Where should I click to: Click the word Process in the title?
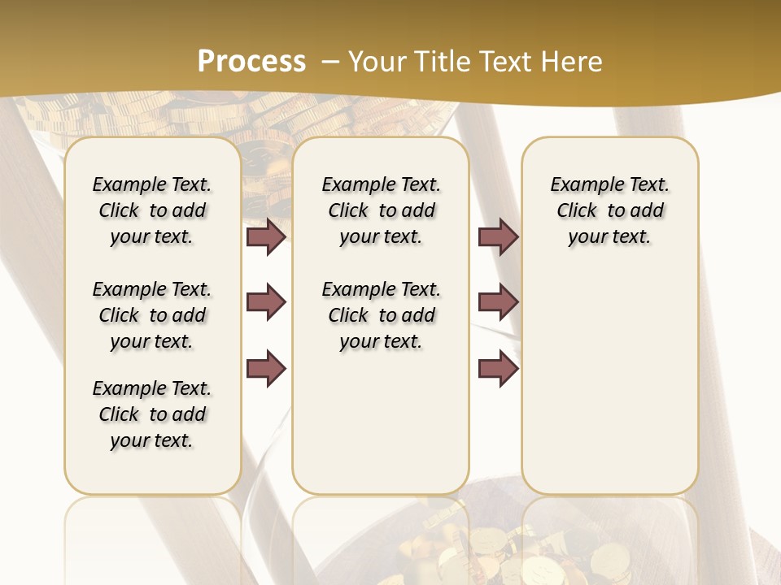click(x=251, y=61)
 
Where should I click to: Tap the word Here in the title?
click(x=573, y=62)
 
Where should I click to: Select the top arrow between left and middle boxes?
click(x=266, y=236)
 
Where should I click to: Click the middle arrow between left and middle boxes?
click(x=266, y=303)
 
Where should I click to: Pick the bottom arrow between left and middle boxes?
click(x=266, y=368)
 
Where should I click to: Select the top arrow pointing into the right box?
click(x=499, y=236)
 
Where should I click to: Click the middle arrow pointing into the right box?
click(x=499, y=303)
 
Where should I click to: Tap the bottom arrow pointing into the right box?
click(x=499, y=368)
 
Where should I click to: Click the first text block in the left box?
click(x=152, y=210)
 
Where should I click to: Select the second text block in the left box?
click(x=152, y=315)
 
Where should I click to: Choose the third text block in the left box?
click(x=152, y=414)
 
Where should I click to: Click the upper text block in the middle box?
click(x=381, y=210)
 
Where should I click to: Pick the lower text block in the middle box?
click(x=381, y=315)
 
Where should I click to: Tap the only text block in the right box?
click(x=609, y=210)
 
